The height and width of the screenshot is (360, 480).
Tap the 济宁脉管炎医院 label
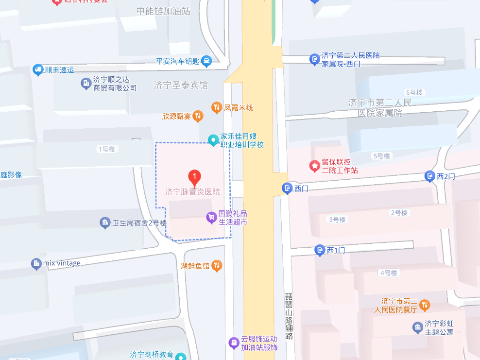(x=192, y=192)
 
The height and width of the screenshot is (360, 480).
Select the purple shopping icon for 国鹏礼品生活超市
(x=211, y=217)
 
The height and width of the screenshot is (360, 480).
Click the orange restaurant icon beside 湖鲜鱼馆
(x=218, y=265)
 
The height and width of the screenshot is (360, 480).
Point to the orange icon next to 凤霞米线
(x=217, y=107)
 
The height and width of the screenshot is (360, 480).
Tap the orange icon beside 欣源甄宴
(x=197, y=116)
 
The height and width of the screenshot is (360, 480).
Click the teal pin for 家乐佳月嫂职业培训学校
(x=213, y=140)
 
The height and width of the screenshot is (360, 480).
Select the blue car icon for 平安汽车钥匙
(x=206, y=61)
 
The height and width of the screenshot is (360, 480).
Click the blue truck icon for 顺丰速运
(x=38, y=70)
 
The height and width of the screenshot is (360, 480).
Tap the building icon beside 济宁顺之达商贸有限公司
(x=86, y=84)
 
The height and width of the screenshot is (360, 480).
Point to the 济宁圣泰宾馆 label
(x=180, y=85)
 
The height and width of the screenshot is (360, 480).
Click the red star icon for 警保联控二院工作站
(x=315, y=166)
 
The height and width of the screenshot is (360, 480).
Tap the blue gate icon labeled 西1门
(x=320, y=250)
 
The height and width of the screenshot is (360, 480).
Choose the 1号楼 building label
(x=106, y=149)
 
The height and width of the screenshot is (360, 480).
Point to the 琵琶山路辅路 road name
(x=290, y=316)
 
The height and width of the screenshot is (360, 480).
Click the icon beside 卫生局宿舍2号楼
(x=104, y=223)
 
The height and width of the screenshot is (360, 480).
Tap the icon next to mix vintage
(x=36, y=264)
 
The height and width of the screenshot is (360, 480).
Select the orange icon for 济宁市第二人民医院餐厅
(x=424, y=305)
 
